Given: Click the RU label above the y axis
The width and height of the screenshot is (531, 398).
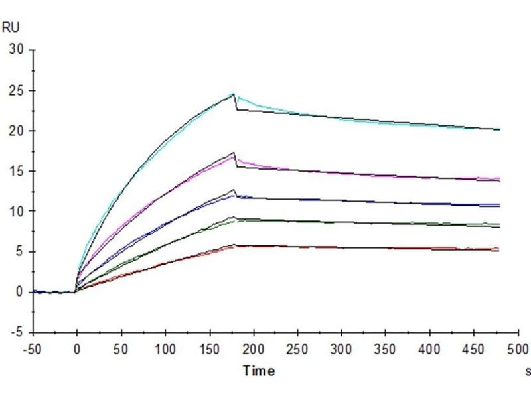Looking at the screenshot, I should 11,27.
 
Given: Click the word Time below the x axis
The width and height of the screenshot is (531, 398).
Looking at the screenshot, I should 258,371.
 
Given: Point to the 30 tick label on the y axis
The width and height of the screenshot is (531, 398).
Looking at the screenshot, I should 17,50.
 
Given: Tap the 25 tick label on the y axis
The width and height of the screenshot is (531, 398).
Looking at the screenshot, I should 17,90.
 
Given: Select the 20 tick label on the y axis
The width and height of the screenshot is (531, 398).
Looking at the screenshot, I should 17,131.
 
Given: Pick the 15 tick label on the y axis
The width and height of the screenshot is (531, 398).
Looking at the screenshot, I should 17,171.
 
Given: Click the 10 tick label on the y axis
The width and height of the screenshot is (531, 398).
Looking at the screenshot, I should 17,211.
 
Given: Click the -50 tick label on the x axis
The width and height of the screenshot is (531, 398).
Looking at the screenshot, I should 33,348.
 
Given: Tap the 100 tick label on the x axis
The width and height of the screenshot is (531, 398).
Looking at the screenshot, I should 165,348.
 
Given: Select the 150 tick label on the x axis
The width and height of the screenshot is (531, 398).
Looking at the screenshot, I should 209,348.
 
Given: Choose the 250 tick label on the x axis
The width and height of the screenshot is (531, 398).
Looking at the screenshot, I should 298,348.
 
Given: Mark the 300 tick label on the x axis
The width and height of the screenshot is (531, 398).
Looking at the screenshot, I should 342,348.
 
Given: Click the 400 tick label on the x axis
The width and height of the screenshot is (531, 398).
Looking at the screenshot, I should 430,348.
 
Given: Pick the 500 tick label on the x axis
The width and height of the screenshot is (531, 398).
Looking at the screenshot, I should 518,348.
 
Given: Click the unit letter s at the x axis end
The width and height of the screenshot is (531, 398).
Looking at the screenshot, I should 526,371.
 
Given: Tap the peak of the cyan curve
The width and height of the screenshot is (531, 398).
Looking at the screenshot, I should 234,94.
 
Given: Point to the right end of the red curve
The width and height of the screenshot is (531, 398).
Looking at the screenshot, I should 499,249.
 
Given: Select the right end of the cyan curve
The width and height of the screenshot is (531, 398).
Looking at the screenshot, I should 499,129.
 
